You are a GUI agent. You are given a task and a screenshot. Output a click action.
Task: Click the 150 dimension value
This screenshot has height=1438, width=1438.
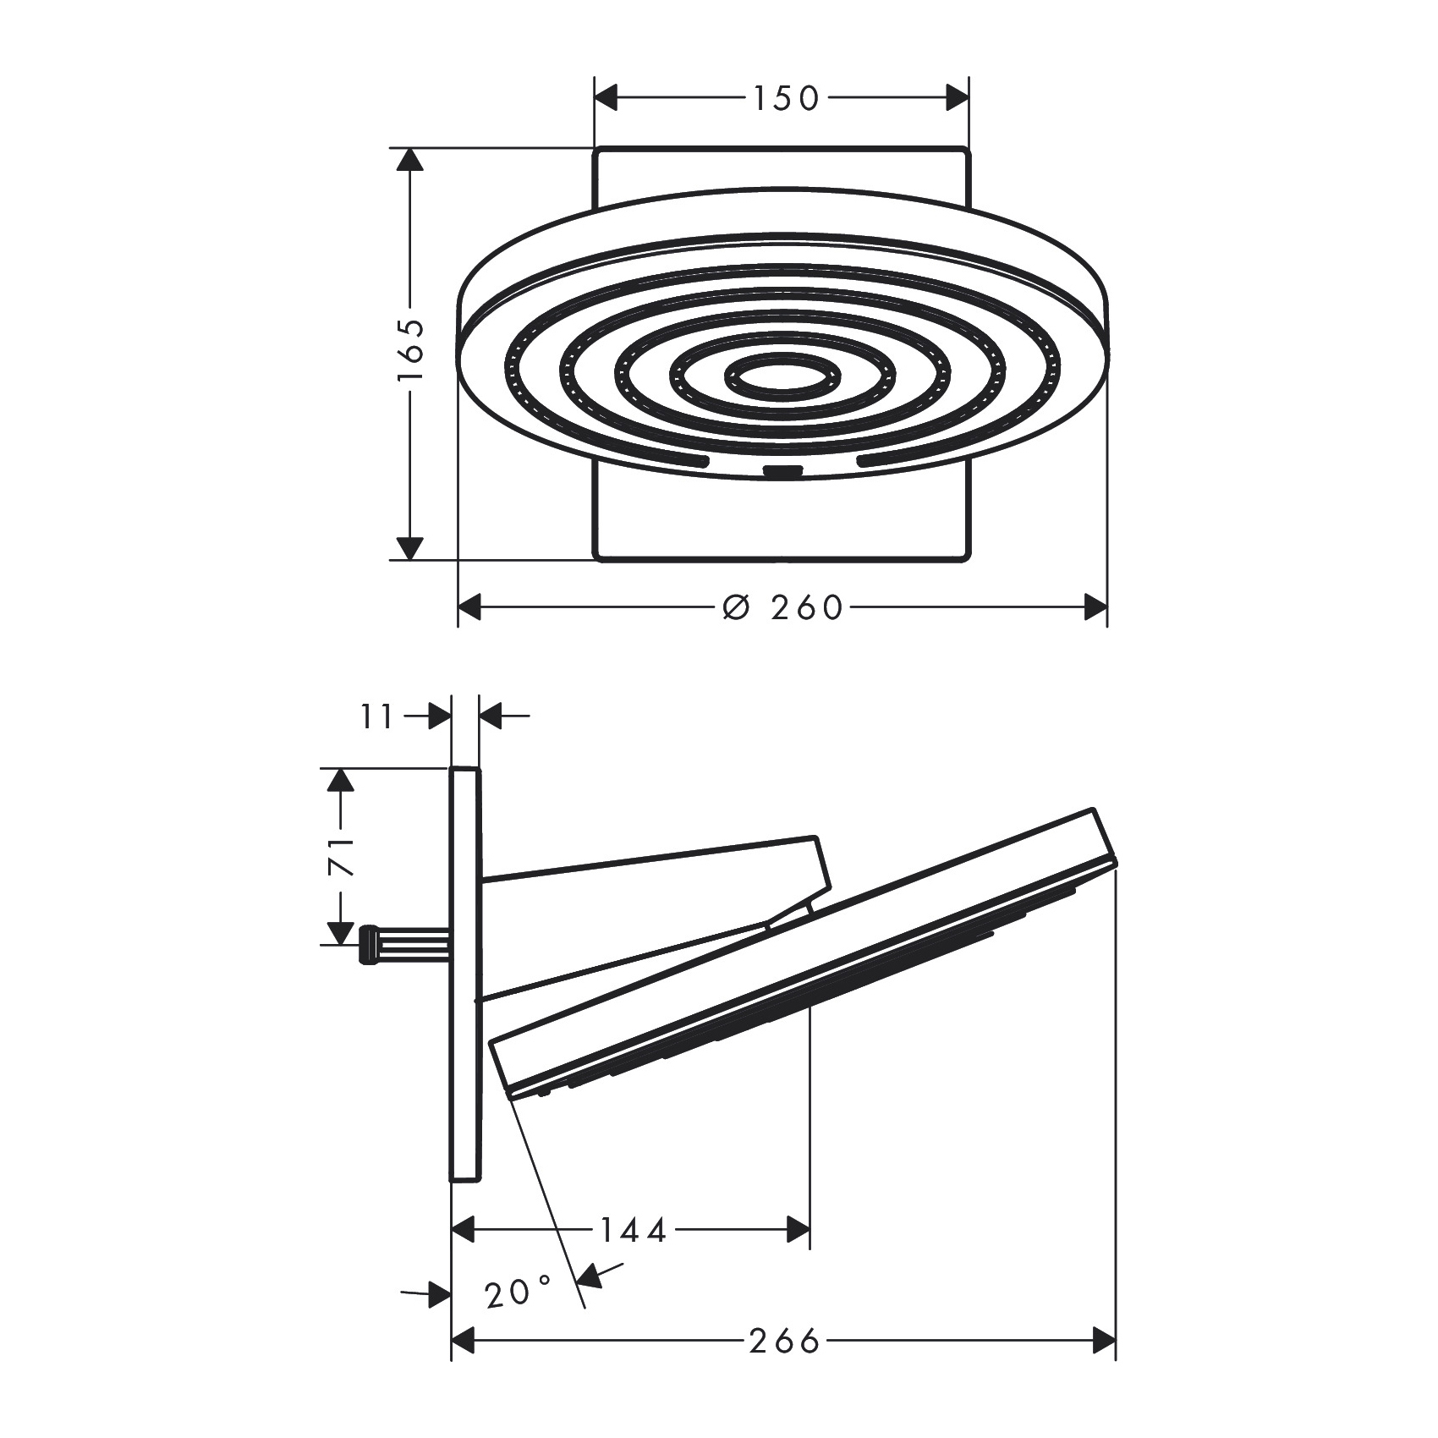(x=787, y=98)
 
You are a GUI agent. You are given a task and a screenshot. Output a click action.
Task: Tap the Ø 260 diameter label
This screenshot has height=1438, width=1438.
(x=783, y=606)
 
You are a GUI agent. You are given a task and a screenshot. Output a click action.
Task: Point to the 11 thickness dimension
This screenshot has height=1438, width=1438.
(x=378, y=717)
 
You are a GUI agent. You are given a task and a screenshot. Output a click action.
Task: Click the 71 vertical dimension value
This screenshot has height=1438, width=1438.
(x=341, y=857)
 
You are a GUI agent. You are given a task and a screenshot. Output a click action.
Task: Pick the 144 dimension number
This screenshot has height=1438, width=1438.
(x=634, y=1229)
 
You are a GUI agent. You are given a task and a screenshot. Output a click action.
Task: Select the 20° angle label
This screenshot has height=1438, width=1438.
(x=519, y=1293)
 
